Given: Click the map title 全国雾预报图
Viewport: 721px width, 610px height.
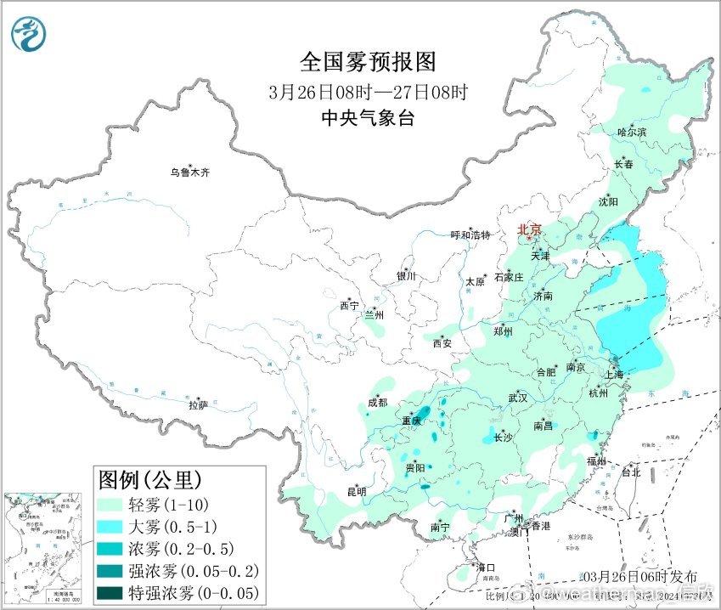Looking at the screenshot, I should (x=367, y=62).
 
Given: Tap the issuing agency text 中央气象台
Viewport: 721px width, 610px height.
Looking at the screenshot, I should (x=368, y=119).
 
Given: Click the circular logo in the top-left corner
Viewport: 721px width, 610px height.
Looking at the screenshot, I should (x=29, y=33).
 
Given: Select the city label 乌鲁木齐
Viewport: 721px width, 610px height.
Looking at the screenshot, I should (x=189, y=172).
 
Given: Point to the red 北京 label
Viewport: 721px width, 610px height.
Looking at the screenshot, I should (x=530, y=229).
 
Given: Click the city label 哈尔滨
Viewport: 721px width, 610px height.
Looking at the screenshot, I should (x=632, y=133).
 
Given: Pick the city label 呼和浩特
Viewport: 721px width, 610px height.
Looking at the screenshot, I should (x=470, y=235).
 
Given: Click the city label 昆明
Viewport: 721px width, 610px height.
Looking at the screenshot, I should (x=357, y=491).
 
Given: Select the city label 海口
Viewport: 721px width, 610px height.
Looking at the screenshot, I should (x=484, y=568).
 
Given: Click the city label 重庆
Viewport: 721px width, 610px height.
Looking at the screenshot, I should (x=412, y=421).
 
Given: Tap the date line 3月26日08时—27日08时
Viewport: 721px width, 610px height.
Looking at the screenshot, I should (x=367, y=92).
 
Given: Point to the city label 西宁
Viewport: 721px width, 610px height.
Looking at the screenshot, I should (x=349, y=306).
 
